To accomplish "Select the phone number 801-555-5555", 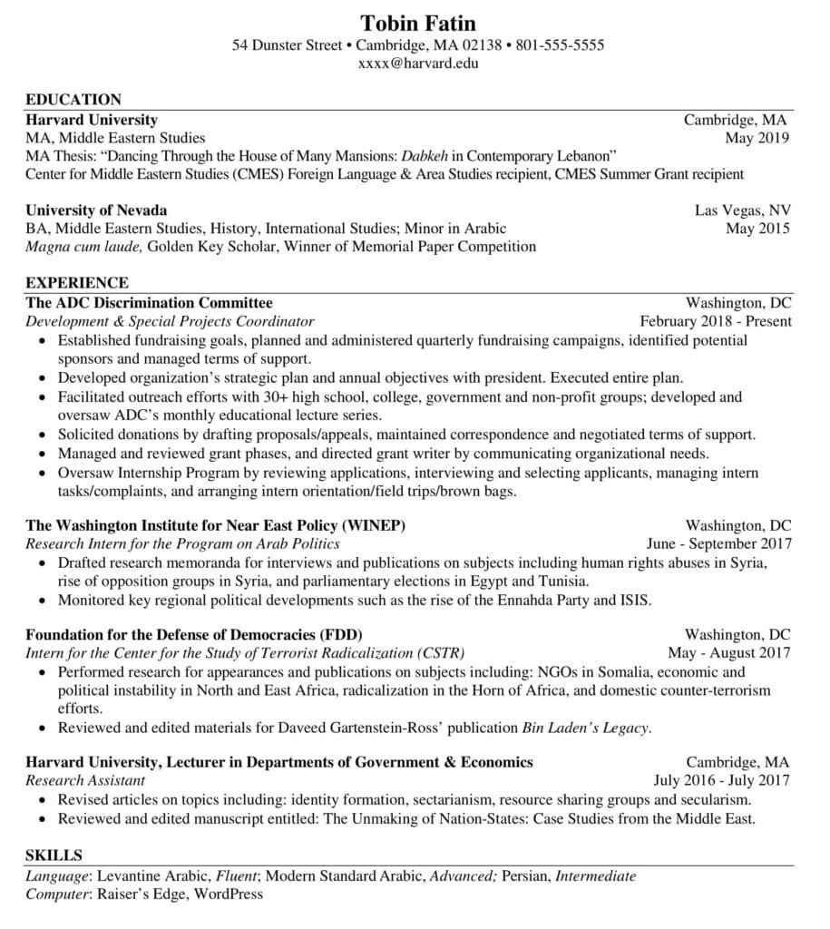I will [560, 45].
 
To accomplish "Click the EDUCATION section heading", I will [73, 100].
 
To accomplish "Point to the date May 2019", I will [757, 138].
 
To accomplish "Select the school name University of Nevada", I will [96, 210].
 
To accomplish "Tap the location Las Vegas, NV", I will [743, 210].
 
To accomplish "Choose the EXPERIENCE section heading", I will [77, 283].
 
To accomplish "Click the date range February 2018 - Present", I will [716, 321].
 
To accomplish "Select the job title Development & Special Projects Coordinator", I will [170, 321].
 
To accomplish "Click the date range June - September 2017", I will [719, 543].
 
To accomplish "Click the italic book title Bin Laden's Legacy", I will [587, 728].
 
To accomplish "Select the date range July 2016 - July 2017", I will [722, 780].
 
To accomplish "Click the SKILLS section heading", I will [54, 856].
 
